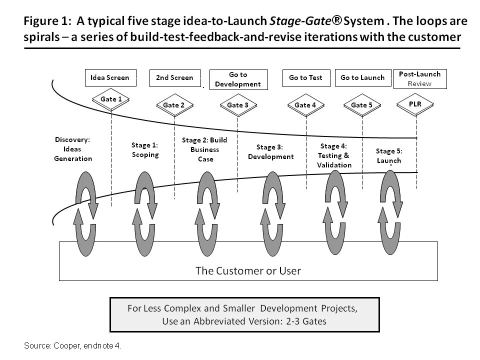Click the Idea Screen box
[109, 77]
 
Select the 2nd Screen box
[174, 77]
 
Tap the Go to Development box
[238, 79]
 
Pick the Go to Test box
[306, 77]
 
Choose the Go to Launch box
[362, 77]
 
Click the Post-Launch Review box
[419, 78]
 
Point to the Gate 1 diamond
[111, 99]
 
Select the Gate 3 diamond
[238, 105]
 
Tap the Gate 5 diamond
[362, 105]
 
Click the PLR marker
[415, 104]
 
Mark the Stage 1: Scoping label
[145, 150]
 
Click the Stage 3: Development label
[270, 152]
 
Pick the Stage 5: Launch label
[388, 155]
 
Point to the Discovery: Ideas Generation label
[73, 149]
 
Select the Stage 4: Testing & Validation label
[334, 155]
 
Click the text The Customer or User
[248, 271]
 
